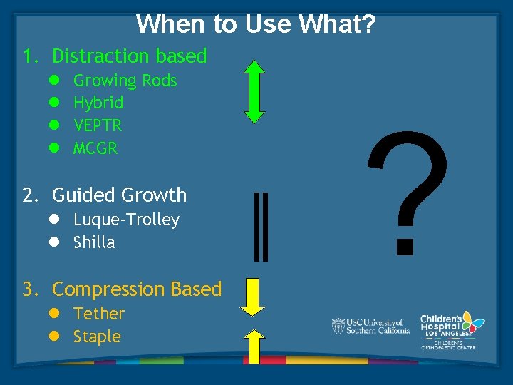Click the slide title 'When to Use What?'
click(x=256, y=24)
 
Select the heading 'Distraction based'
click(x=129, y=56)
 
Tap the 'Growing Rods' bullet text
click(x=125, y=81)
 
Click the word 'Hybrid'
click(x=98, y=103)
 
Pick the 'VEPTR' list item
click(x=98, y=125)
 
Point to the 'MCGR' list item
click(x=95, y=148)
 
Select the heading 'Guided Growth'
click(x=119, y=195)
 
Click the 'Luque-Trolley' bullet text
click(x=126, y=220)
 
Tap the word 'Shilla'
click(x=94, y=242)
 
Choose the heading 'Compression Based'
click(x=136, y=289)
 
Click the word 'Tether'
click(x=99, y=314)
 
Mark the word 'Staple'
click(x=97, y=337)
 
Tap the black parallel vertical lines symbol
click(x=261, y=225)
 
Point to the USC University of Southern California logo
click(x=370, y=327)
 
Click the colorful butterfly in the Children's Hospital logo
click(x=471, y=322)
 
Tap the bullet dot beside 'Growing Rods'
click(x=53, y=81)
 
